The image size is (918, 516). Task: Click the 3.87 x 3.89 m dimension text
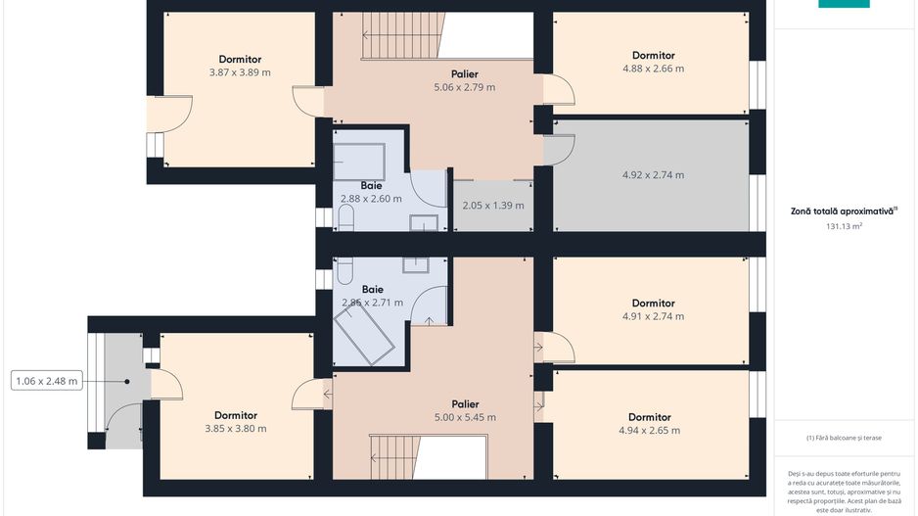[240, 72]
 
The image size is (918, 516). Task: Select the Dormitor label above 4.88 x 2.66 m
[654, 55]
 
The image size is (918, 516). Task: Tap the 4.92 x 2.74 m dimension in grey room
[653, 174]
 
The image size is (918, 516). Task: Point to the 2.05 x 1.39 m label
[493, 206]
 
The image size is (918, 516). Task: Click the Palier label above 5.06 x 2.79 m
[464, 73]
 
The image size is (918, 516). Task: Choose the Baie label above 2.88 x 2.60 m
[371, 186]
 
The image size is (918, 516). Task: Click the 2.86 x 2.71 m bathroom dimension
[372, 303]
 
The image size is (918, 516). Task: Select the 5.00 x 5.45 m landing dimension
[465, 418]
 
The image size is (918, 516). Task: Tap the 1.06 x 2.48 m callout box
[47, 381]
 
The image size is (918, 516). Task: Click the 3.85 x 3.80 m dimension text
[235, 429]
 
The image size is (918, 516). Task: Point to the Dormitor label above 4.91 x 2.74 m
[654, 303]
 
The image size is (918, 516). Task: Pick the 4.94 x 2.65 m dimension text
[649, 431]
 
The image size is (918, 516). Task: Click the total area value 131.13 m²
[844, 226]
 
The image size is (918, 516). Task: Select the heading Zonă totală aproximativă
[844, 211]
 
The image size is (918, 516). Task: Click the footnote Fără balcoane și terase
[844, 438]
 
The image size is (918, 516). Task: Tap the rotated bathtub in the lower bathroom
[363, 335]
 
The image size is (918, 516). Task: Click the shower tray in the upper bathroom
[359, 162]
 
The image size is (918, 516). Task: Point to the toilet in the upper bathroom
[346, 217]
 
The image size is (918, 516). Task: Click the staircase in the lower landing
[395, 457]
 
